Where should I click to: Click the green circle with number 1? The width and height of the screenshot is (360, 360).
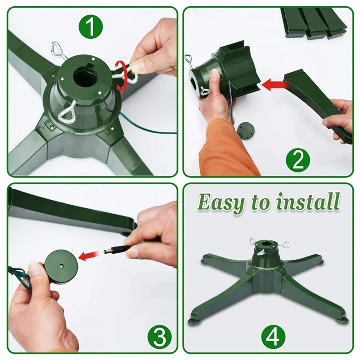pyautogui.click(x=91, y=27)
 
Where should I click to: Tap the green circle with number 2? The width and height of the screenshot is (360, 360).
pyautogui.click(x=298, y=160)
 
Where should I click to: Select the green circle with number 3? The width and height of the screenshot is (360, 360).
pyautogui.click(x=160, y=337)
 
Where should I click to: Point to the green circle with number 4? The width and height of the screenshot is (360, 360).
pyautogui.click(x=273, y=337)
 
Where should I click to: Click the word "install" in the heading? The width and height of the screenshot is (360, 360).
pyautogui.click(x=308, y=201)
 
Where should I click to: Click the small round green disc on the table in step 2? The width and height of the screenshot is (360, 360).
pyautogui.click(x=246, y=130)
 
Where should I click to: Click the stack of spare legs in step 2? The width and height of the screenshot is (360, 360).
pyautogui.click(x=314, y=23)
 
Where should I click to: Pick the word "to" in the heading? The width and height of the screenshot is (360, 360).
pyautogui.click(x=261, y=202)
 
